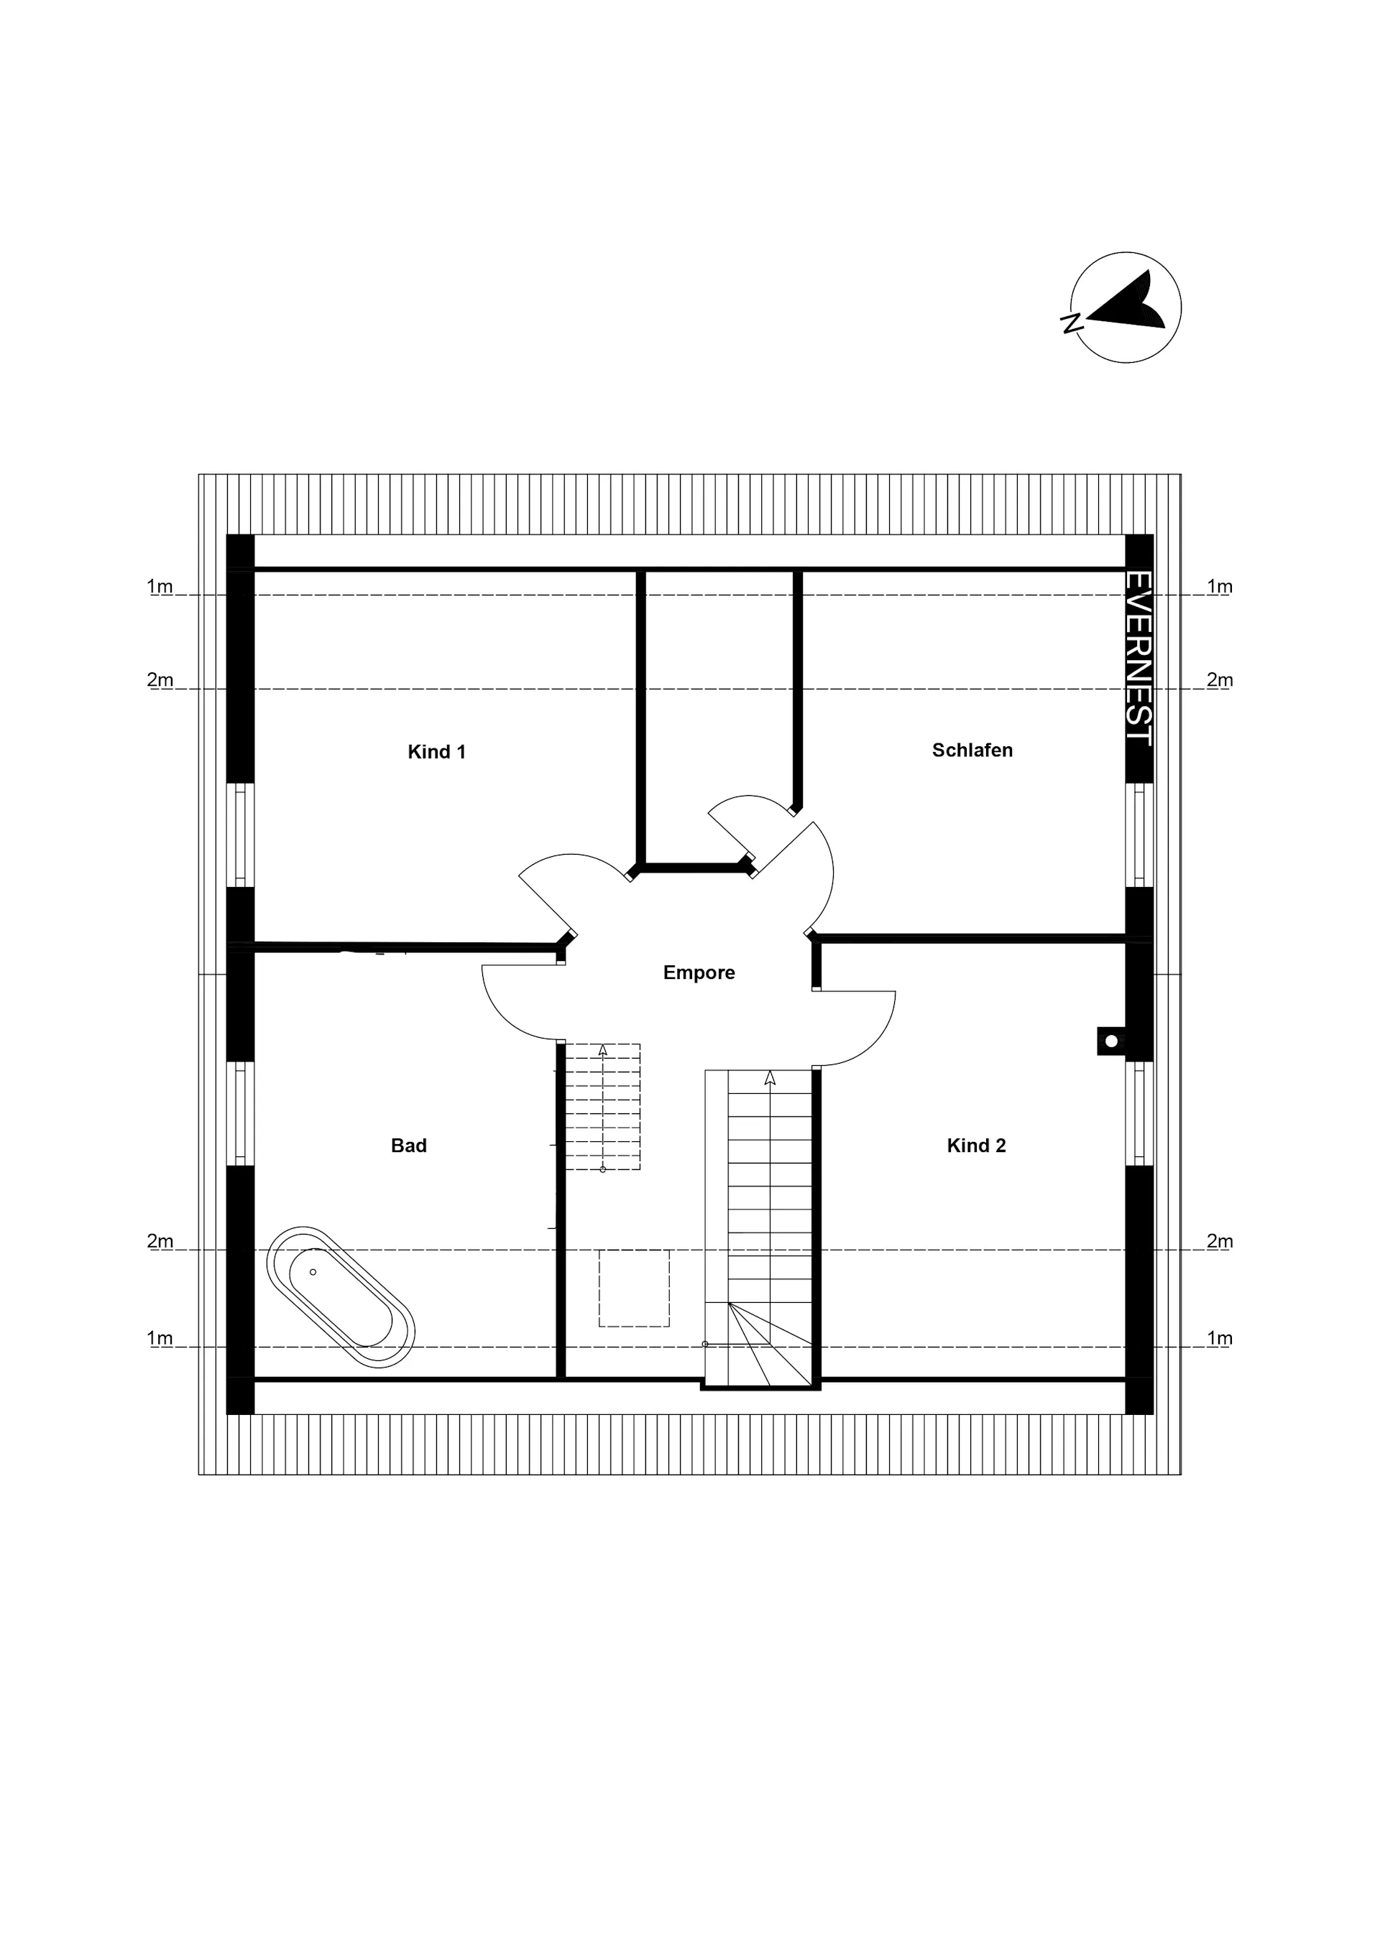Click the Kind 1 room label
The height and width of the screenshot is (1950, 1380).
(x=437, y=752)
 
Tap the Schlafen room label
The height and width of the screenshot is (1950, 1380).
(x=972, y=750)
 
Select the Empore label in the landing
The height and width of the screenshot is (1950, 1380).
(x=699, y=972)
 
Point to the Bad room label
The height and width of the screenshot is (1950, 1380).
(x=409, y=1146)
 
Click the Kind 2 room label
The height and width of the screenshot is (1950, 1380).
(x=976, y=1146)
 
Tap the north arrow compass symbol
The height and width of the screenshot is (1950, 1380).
(x=1124, y=307)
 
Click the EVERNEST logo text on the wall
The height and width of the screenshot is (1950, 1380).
(x=1138, y=658)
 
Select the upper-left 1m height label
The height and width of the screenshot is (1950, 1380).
(x=160, y=586)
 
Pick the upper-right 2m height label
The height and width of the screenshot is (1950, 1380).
(x=1220, y=679)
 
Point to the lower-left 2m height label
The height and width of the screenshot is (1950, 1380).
(x=160, y=1241)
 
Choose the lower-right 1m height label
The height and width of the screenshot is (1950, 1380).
(x=1220, y=1337)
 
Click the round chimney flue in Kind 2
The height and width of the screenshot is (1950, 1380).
(x=1110, y=1041)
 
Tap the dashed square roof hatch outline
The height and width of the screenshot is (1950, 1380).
(x=634, y=1289)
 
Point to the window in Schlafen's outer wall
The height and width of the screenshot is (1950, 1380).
(x=1139, y=835)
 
